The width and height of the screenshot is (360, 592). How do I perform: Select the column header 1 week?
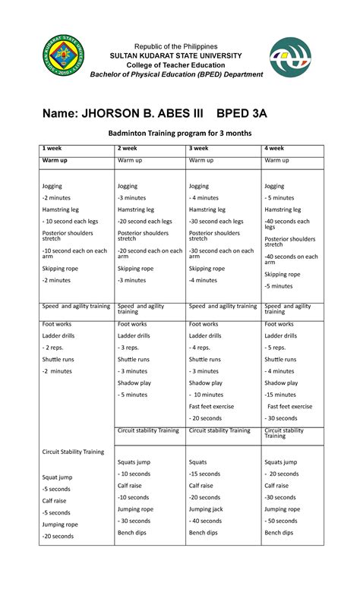coord(54,148)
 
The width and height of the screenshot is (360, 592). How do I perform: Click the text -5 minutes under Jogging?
coord(279,197)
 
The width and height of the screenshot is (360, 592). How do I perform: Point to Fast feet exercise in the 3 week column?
coord(212,406)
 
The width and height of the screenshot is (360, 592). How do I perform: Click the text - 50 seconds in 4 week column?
coord(282,521)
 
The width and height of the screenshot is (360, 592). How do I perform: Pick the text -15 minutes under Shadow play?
coord(280,395)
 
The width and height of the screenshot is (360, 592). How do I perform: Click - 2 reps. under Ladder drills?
coord(53,348)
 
